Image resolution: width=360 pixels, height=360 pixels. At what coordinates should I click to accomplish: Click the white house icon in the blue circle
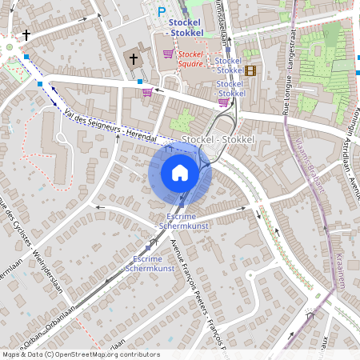(180, 173)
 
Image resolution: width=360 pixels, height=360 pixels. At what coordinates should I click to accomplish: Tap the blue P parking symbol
(162, 11)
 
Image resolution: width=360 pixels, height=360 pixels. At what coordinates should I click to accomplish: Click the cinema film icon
(251, 70)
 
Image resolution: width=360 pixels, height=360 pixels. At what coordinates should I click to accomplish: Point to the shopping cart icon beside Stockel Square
(168, 54)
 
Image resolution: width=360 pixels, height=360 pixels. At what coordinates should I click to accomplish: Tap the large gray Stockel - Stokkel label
(218, 140)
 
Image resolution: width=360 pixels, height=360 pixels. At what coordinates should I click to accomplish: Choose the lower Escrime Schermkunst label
(150, 265)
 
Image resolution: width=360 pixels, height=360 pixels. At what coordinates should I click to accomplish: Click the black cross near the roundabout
(26, 35)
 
